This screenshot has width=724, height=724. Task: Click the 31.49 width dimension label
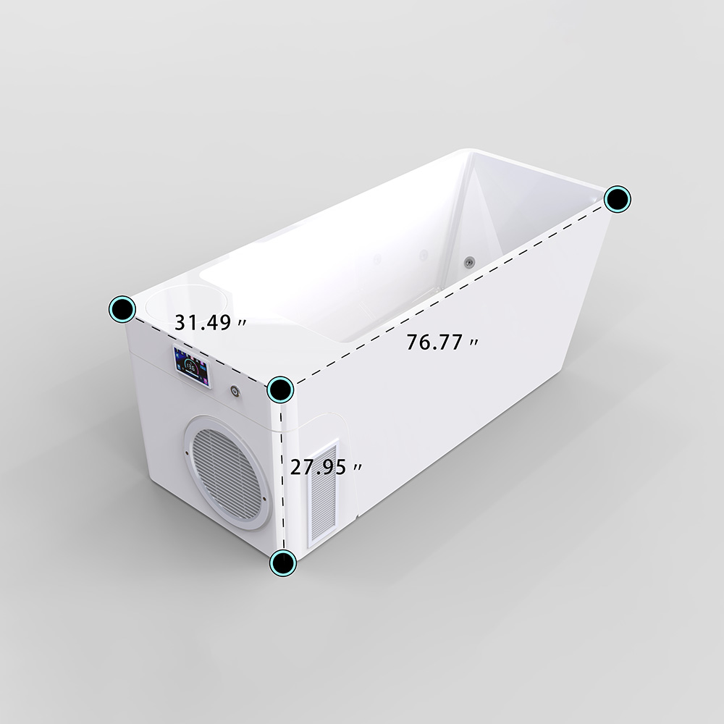210,322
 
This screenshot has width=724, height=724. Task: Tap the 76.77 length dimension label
442,342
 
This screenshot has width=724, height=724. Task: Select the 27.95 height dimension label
326,467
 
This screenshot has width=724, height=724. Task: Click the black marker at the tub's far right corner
618,199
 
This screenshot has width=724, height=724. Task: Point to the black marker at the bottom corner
282,563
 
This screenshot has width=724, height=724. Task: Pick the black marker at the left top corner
122,309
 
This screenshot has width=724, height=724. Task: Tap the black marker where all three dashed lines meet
280,390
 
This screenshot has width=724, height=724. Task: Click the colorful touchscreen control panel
192,367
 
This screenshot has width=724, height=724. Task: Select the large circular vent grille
227,472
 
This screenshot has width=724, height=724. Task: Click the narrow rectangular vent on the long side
323,492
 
